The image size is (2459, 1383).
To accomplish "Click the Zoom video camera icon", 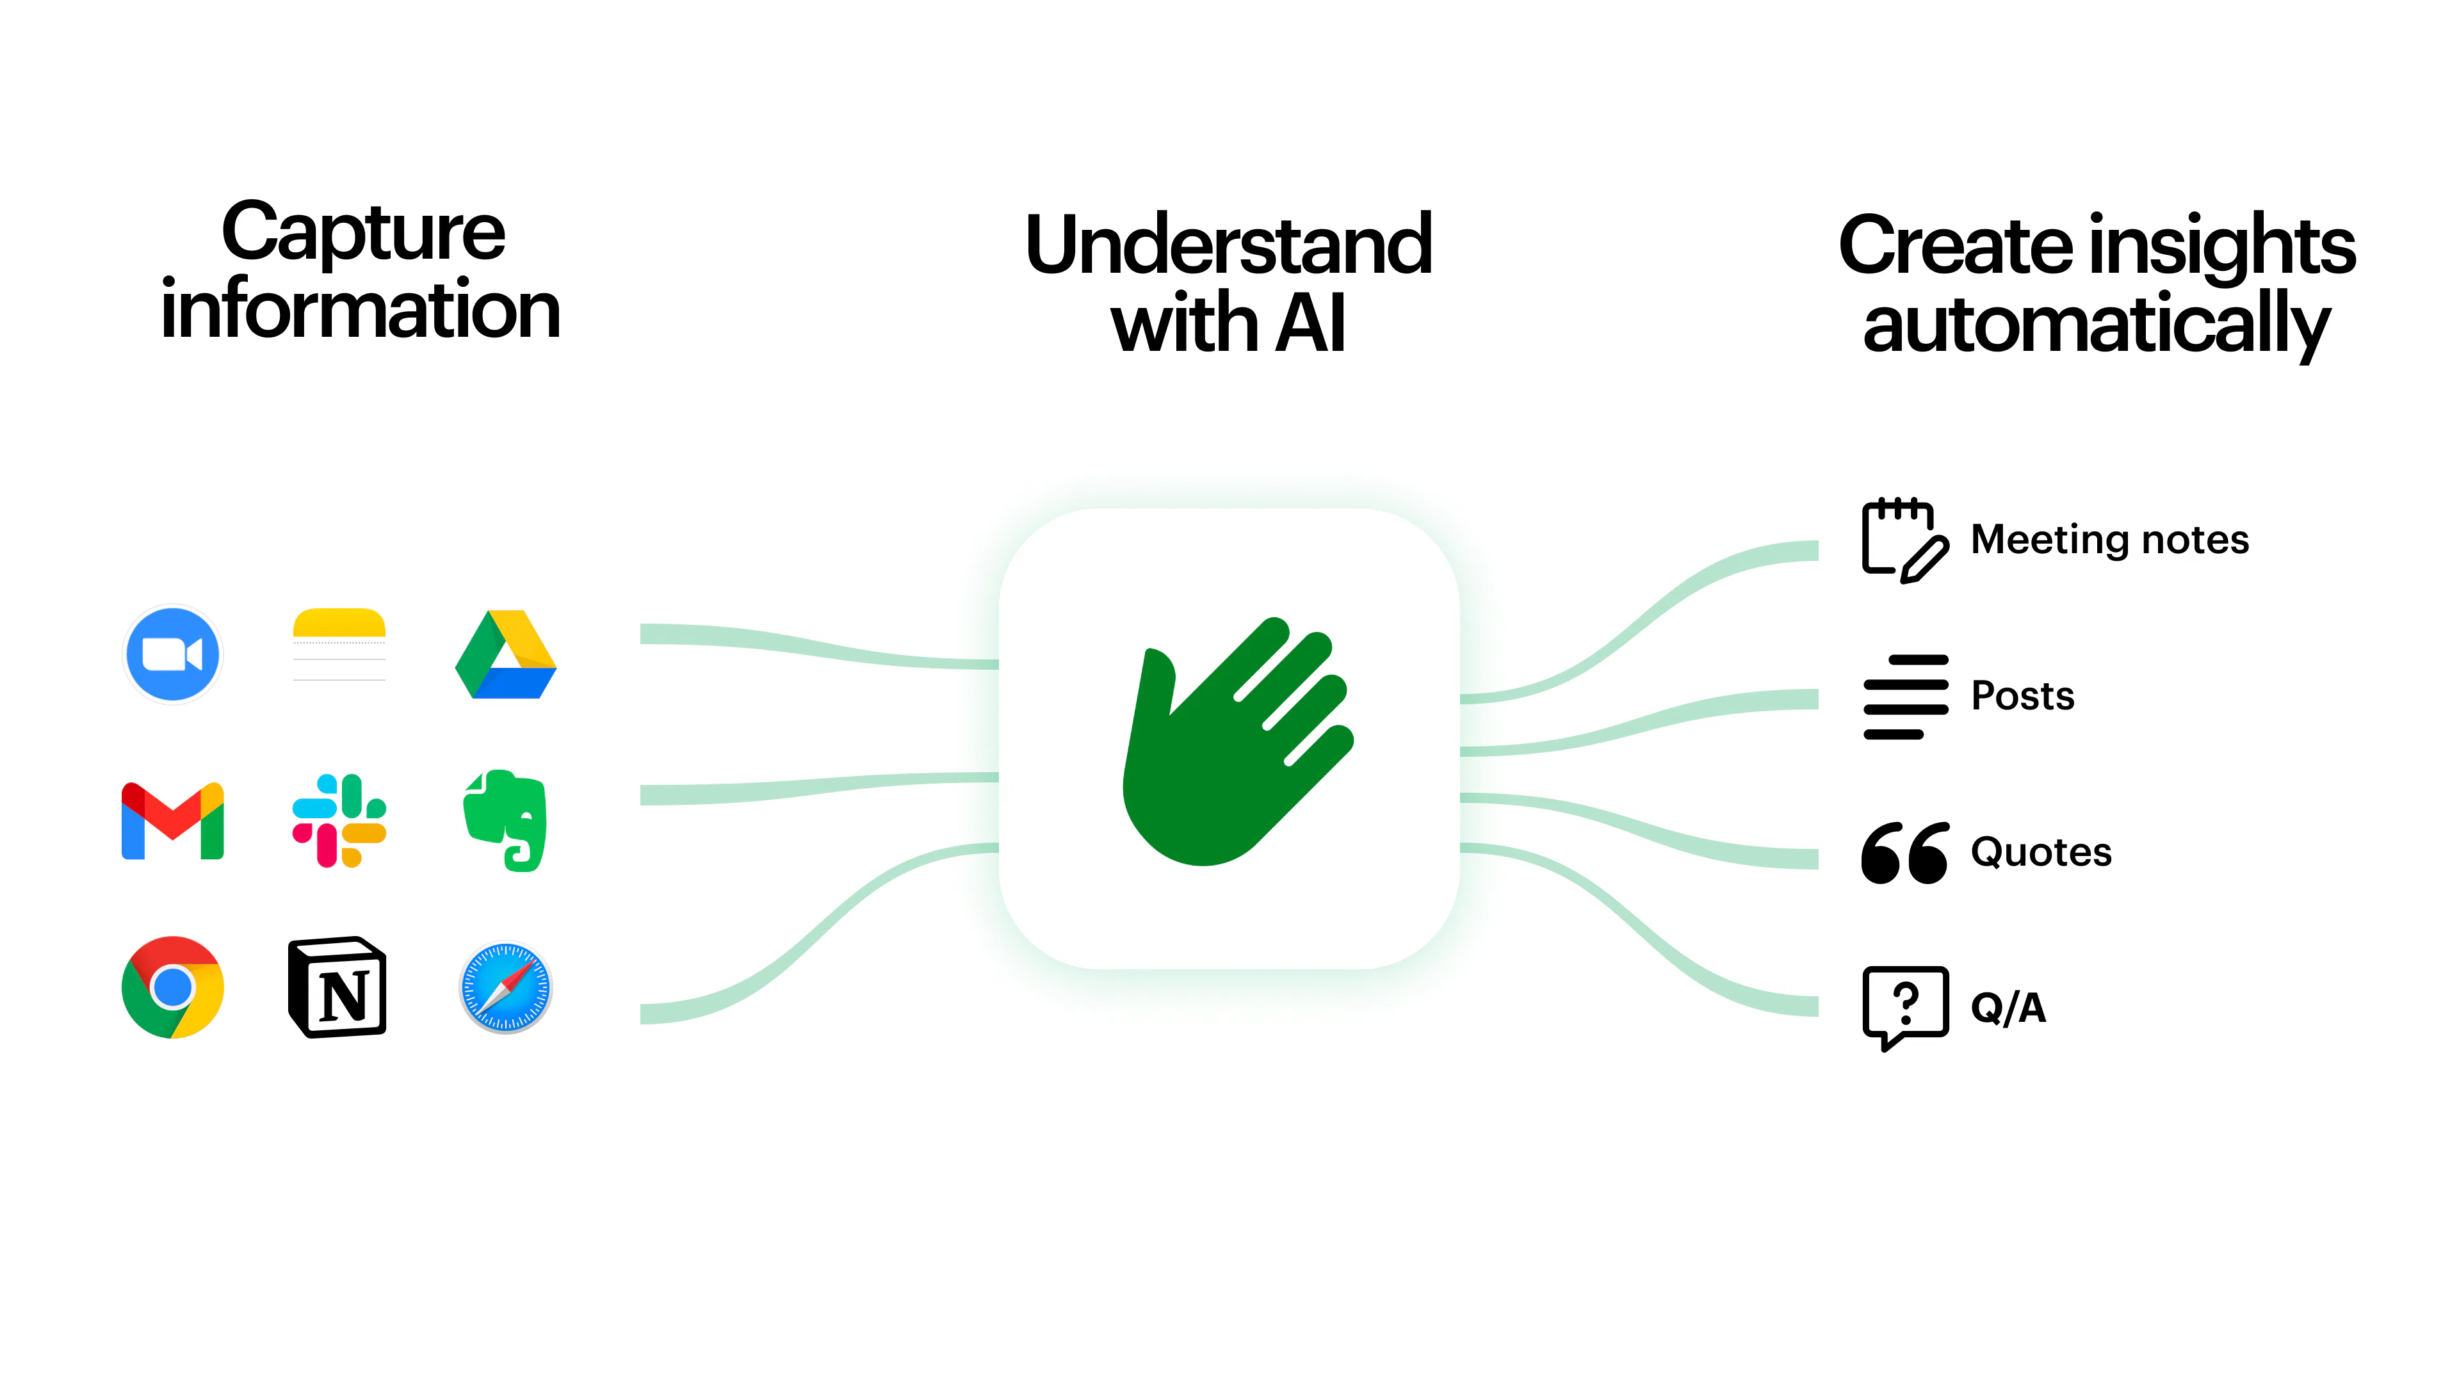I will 173,655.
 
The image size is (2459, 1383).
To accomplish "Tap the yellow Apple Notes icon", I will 339,645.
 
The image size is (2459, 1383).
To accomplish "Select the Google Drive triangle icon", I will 506,655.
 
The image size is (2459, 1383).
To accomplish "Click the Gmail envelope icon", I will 173,821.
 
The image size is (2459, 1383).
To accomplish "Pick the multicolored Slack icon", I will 339,821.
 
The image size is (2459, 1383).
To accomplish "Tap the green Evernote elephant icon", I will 506,821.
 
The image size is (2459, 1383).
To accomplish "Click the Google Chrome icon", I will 173,987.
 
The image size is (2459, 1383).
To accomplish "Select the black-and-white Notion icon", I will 338,987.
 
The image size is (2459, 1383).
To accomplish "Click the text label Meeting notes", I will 2109,540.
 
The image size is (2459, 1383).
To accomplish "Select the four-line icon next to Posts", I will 1905,697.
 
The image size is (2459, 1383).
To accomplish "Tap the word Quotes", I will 2041,852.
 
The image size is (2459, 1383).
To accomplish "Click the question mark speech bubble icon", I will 1905,1006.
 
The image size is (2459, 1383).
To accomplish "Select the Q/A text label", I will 2008,1008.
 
